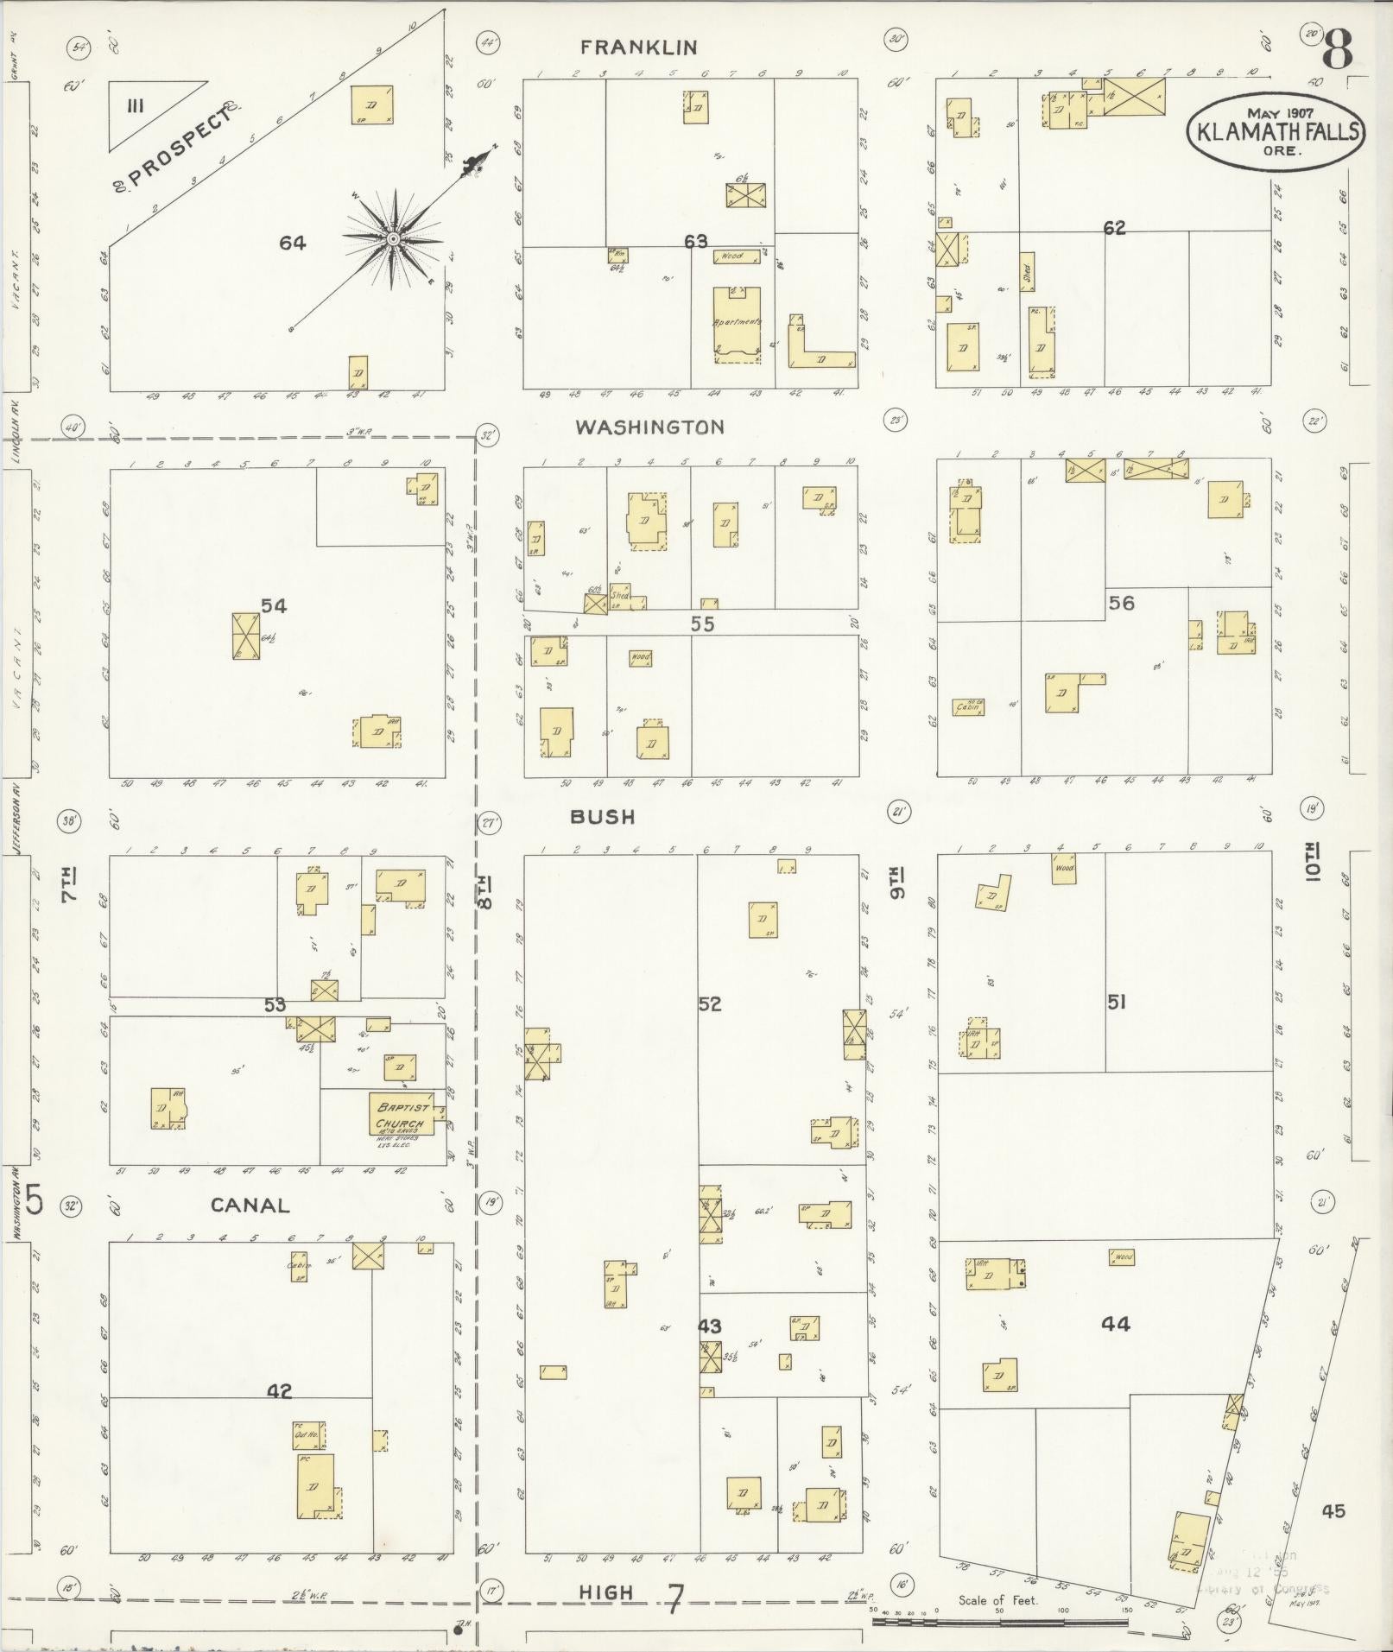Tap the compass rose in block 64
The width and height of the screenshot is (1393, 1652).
[393, 238]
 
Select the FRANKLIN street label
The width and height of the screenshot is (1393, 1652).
[638, 47]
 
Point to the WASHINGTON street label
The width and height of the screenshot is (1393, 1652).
[649, 427]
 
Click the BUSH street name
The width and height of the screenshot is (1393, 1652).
[603, 816]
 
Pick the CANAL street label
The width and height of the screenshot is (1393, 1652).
[250, 1205]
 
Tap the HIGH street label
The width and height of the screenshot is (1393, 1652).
[606, 1592]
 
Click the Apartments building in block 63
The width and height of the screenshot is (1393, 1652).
[737, 324]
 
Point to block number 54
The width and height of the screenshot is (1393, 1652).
[274, 606]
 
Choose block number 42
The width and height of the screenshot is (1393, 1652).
[279, 1391]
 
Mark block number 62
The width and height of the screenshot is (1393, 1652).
[1114, 228]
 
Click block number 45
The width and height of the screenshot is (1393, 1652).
[1333, 1510]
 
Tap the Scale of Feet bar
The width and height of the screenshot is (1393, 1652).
[999, 1621]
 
